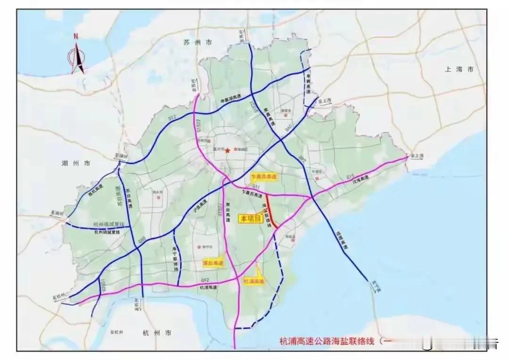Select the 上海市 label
459,69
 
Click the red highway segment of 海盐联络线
271,211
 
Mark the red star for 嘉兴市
228,150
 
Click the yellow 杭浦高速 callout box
254,281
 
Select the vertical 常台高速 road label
228,213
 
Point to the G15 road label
350,176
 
